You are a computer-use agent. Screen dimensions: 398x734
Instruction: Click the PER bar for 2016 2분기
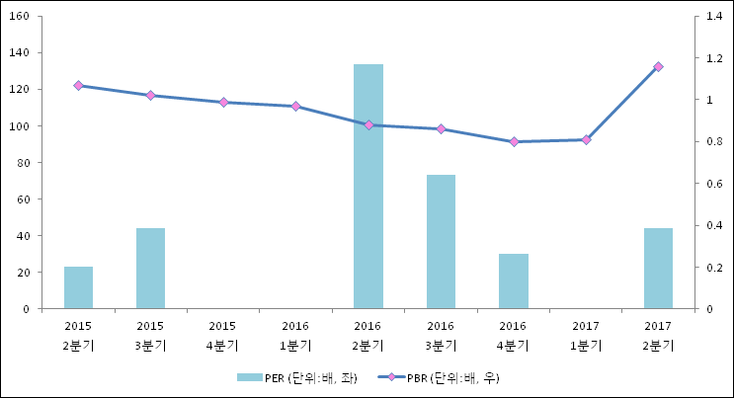pos(368,187)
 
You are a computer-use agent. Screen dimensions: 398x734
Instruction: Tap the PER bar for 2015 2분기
pos(78,287)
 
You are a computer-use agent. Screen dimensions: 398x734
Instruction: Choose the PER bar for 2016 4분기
pos(514,281)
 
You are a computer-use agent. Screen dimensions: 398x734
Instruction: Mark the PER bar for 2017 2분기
pos(658,269)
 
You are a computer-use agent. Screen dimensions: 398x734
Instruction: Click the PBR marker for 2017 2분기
pos(658,67)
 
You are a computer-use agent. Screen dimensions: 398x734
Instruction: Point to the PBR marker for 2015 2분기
pos(78,86)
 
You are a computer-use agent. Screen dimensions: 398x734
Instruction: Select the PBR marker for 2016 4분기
pos(514,142)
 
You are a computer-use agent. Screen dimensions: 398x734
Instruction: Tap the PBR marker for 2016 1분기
pos(295,107)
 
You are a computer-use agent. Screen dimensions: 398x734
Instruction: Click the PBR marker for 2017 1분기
pos(586,140)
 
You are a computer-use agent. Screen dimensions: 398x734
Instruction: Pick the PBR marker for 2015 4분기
pos(223,103)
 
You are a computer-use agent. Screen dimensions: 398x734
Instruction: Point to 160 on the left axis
pos(19,17)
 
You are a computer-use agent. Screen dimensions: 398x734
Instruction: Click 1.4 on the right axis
pos(714,17)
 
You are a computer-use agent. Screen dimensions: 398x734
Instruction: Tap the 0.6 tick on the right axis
pos(714,184)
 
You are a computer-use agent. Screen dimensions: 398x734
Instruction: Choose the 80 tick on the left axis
pos(22,163)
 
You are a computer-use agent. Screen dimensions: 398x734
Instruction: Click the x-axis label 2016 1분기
pos(295,335)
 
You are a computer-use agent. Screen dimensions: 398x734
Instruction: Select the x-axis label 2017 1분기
pos(586,335)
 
